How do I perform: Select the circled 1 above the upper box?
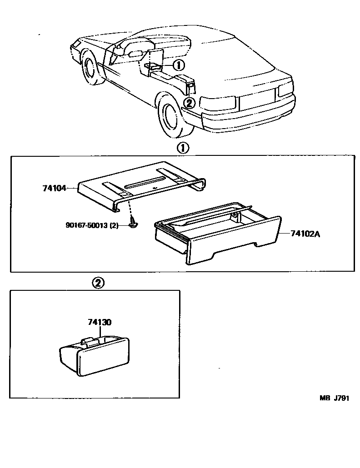pyautogui.click(x=182, y=148)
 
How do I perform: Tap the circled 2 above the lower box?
pyautogui.click(x=99, y=283)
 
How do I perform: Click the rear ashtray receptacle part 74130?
pyautogui.click(x=95, y=356)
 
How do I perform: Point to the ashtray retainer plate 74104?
pyautogui.click(x=141, y=184)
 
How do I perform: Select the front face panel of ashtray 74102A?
pyautogui.click(x=232, y=245)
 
